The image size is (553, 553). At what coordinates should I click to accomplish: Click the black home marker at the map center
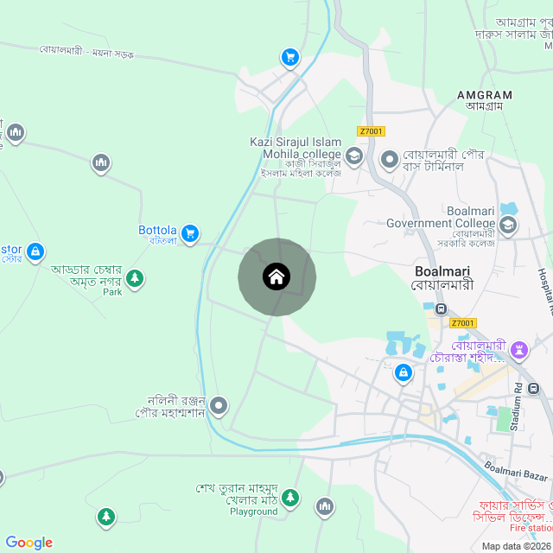276,276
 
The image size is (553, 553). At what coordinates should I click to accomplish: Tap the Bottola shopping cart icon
191,233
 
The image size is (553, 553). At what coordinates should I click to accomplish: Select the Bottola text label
157,231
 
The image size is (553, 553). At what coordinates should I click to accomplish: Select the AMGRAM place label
484,95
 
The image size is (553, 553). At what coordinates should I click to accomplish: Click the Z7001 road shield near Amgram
371,131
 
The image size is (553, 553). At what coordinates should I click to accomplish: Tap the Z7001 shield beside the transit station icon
463,323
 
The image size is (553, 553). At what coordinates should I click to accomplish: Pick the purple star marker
519,350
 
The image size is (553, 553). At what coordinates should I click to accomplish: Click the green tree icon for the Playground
290,497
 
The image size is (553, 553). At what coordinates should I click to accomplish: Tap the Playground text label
254,512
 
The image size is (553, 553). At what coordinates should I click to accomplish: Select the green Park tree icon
134,278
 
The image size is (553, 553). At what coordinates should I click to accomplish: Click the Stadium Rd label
519,405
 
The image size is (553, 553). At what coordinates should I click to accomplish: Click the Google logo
29,543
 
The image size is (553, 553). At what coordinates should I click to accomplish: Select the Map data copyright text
515,546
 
